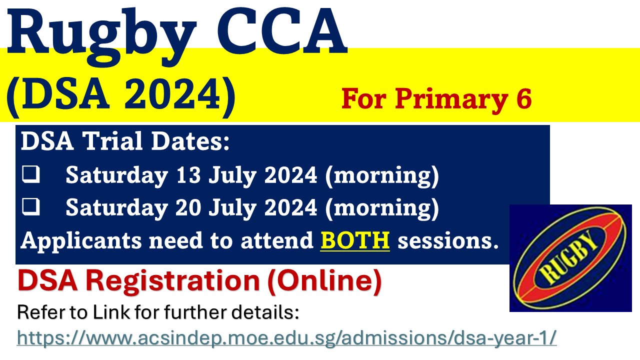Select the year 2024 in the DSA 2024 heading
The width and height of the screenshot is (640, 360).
pos(172,94)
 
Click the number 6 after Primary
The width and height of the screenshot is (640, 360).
pos(523,98)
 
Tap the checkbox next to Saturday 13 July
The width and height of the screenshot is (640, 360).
pos(30,174)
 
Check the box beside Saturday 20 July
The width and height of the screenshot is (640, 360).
pos(30,206)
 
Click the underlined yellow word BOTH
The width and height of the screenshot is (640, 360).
pos(355,240)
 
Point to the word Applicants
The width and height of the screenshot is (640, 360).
pos(81,241)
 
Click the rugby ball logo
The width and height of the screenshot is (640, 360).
pos(570,258)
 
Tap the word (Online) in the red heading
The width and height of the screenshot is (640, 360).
pos(324,280)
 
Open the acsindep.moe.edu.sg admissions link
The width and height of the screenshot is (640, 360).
pos(286,337)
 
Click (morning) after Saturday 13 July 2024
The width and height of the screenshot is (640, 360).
pos(382,175)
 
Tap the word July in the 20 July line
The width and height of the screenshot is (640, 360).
pos(232,208)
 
